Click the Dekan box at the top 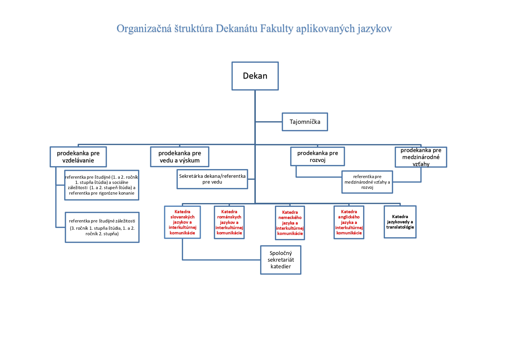pyautogui.click(x=255, y=76)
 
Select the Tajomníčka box pyautogui.click(x=305, y=122)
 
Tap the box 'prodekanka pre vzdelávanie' pyautogui.click(x=78, y=157)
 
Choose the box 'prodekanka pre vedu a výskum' pyautogui.click(x=180, y=157)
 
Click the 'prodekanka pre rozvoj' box pyautogui.click(x=318, y=156)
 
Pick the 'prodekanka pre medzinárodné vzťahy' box pyautogui.click(x=421, y=157)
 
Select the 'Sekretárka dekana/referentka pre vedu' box pyautogui.click(x=212, y=179)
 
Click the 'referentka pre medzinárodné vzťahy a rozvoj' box pyautogui.click(x=367, y=182)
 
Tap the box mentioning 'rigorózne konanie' pyautogui.click(x=102, y=185)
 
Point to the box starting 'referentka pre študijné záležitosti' pyautogui.click(x=102, y=227)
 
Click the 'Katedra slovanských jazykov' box pyautogui.click(x=182, y=222)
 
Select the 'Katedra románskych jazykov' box pyautogui.click(x=229, y=222)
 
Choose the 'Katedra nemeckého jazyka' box pyautogui.click(x=290, y=223)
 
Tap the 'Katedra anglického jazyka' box pyautogui.click(x=349, y=222)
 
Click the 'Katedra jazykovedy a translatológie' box pyautogui.click(x=400, y=222)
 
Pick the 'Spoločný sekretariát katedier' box pyautogui.click(x=281, y=260)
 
